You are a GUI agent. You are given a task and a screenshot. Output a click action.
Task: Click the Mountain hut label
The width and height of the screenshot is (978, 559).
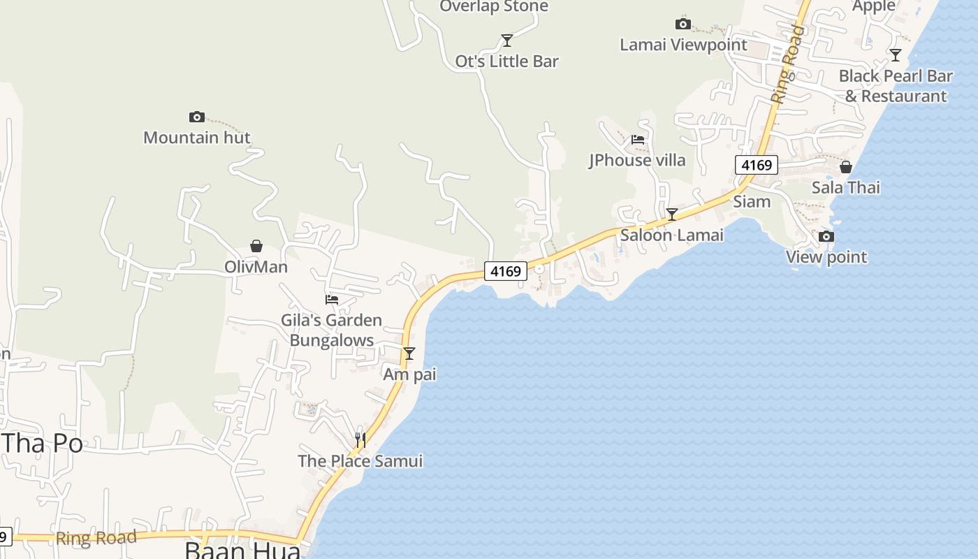pyautogui.click(x=196, y=137)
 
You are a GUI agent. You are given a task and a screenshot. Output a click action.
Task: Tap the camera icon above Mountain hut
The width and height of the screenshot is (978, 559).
pyautogui.click(x=197, y=117)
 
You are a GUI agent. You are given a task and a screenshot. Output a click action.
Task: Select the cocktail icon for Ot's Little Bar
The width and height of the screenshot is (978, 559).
pyautogui.click(x=507, y=41)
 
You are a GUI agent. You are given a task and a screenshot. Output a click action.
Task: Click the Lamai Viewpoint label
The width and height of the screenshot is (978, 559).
pyautogui.click(x=683, y=45)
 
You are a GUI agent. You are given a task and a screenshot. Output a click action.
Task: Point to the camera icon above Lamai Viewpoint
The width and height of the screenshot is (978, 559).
pyautogui.click(x=683, y=24)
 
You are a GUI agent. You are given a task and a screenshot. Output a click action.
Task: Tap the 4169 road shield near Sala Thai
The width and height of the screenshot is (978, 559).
pyautogui.click(x=756, y=165)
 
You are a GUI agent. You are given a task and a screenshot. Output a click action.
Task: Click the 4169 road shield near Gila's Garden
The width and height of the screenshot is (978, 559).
pyautogui.click(x=505, y=271)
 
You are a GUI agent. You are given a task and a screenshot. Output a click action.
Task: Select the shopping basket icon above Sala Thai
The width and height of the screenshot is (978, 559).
pyautogui.click(x=845, y=167)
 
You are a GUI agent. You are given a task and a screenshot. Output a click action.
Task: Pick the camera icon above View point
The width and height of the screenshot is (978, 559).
pyautogui.click(x=826, y=236)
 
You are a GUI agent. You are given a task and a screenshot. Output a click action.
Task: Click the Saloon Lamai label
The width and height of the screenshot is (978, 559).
pyautogui.click(x=671, y=235)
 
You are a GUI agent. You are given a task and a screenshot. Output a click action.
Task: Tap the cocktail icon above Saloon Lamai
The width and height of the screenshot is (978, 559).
pyautogui.click(x=671, y=215)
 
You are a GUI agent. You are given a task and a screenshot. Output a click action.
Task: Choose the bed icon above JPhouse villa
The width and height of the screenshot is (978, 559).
pyautogui.click(x=637, y=140)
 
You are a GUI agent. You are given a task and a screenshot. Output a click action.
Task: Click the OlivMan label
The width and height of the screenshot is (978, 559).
pyautogui.click(x=256, y=266)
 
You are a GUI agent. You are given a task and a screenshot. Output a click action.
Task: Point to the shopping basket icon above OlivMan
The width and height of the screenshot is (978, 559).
pyautogui.click(x=256, y=246)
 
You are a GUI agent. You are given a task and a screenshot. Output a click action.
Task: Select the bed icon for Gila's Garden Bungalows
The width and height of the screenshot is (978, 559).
pyautogui.click(x=332, y=300)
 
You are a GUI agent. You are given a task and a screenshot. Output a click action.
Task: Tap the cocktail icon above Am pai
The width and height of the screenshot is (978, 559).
pyautogui.click(x=409, y=354)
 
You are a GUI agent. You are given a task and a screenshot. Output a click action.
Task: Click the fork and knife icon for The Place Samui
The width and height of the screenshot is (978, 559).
pyautogui.click(x=360, y=440)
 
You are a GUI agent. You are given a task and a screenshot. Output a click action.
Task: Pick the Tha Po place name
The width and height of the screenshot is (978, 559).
pyautogui.click(x=42, y=443)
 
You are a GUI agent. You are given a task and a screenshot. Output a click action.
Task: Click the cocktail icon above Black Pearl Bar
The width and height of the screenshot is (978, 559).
pyautogui.click(x=896, y=55)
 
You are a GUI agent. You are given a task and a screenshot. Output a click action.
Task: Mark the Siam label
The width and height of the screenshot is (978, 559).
pyautogui.click(x=752, y=201)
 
